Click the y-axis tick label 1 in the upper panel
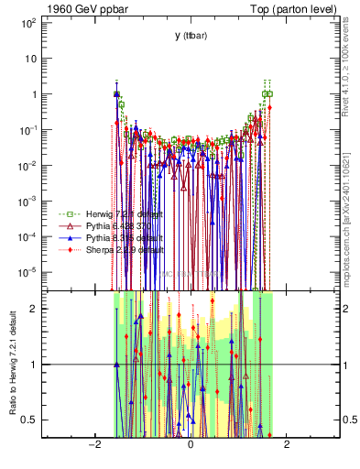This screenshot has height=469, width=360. pyautogui.click(x=32, y=94)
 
